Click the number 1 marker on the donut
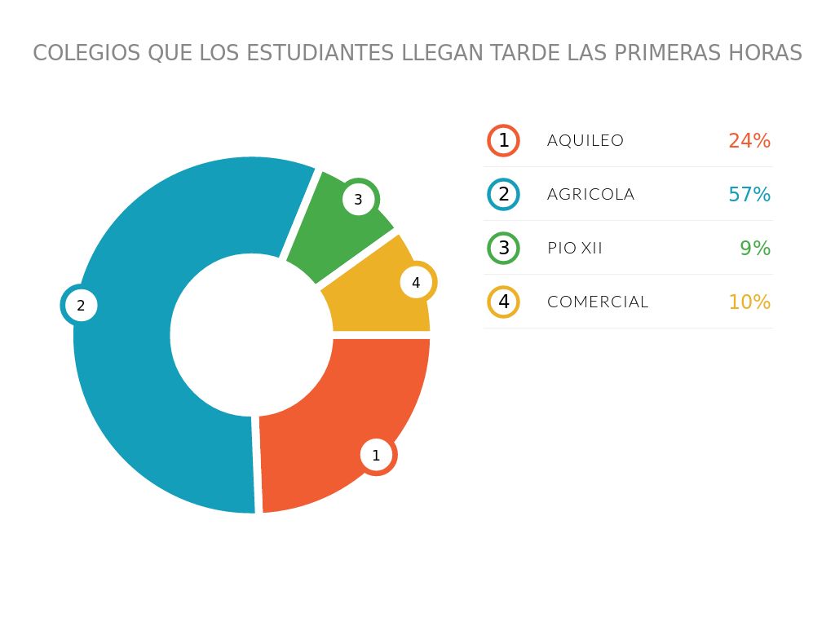coord(376,456)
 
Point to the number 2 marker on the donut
coord(80,306)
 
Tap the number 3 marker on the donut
coord(358,199)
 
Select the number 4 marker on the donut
coord(416,283)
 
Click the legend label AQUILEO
coord(585,140)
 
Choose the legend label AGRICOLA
coord(590,194)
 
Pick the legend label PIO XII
coord(575,248)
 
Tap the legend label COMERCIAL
coord(598,302)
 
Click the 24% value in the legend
coord(749,140)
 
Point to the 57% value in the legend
coord(749,194)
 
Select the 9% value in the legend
coord(755,248)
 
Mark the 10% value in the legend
coord(749,302)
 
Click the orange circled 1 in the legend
coord(503,140)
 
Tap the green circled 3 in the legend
coord(503,248)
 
